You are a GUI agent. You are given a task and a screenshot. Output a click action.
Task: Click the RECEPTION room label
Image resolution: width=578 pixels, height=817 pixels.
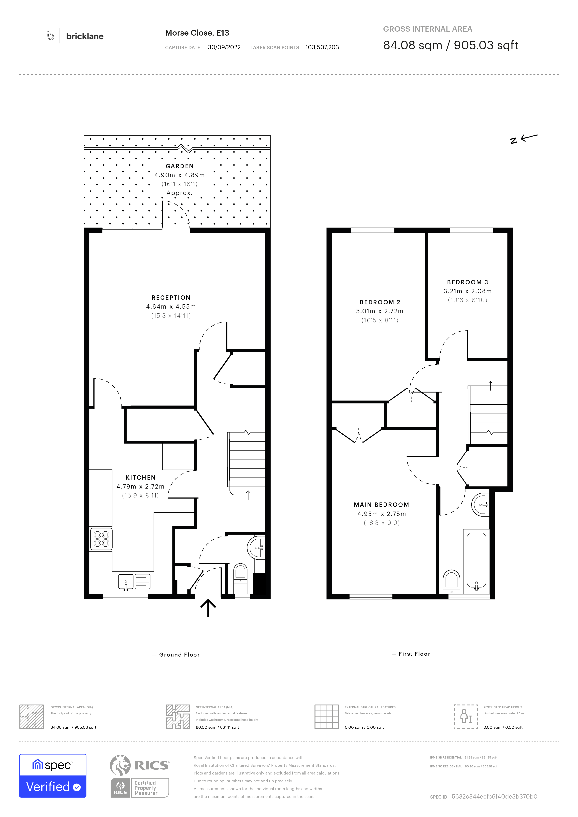click(171, 297)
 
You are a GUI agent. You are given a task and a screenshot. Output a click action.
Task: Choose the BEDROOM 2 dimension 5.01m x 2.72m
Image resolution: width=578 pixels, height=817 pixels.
click(380, 311)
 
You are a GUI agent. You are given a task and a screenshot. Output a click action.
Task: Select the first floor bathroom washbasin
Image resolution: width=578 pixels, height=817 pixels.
click(480, 505)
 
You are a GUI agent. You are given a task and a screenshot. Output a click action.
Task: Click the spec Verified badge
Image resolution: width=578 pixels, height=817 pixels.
click(53, 776)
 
